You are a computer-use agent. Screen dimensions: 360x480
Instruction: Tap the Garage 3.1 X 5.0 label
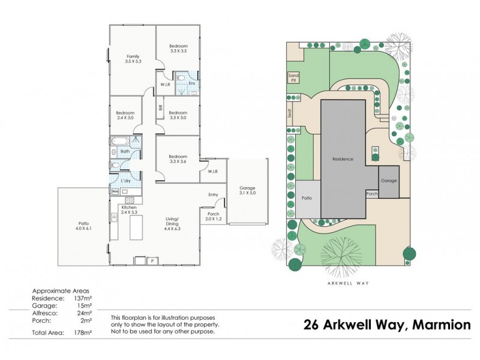pyautogui.click(x=247, y=190)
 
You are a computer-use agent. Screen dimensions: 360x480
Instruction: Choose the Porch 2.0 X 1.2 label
pyautogui.click(x=213, y=216)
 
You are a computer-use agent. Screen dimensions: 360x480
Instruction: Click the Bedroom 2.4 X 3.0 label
pyautogui.click(x=125, y=115)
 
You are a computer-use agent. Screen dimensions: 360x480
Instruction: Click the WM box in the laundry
pyautogui.click(x=115, y=191)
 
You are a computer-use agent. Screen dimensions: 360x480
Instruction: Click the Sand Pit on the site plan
pyautogui.click(x=293, y=77)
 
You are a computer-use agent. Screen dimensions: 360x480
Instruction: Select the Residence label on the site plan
pyautogui.click(x=343, y=159)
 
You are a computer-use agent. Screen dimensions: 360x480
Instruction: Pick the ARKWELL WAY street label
pyautogui.click(x=349, y=283)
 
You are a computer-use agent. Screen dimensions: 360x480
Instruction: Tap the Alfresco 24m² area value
pyautogui.click(x=83, y=313)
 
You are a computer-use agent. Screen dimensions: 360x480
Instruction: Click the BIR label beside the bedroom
pyautogui.click(x=160, y=108)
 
